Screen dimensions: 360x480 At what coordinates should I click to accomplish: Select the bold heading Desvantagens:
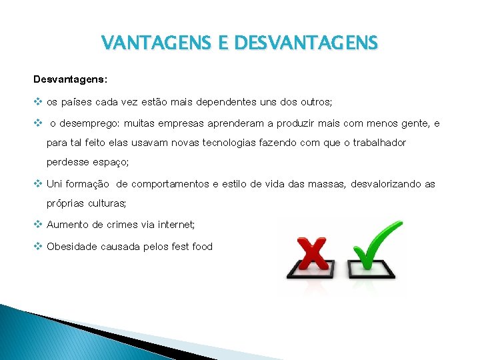tap(70, 79)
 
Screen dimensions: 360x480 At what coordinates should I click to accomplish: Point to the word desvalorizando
tap(387, 183)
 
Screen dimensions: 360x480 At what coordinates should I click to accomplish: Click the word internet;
tap(173, 225)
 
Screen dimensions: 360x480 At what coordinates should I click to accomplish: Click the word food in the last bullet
tap(201, 247)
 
